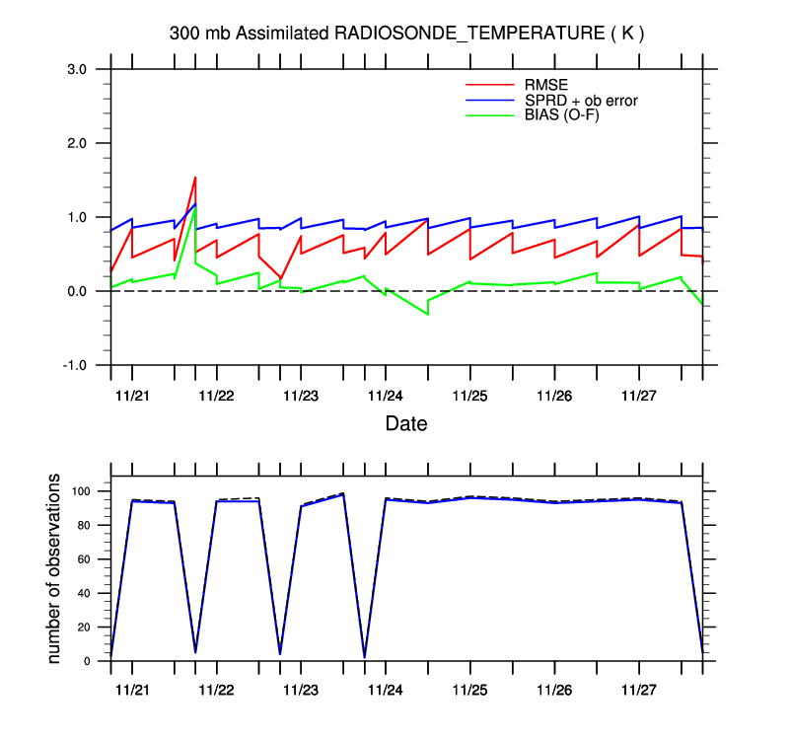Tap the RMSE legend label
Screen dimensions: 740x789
pyautogui.click(x=543, y=83)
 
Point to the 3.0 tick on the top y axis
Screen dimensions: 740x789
pyautogui.click(x=78, y=69)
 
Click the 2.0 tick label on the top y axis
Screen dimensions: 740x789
pyautogui.click(x=78, y=143)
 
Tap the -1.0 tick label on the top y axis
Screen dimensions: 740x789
pyautogui.click(x=76, y=365)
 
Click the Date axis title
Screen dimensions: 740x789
pyautogui.click(x=405, y=424)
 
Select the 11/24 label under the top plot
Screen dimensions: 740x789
pyautogui.click(x=385, y=396)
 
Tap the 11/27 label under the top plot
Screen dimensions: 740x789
pyautogui.click(x=638, y=396)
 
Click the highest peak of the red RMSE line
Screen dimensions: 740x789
pyautogui.click(x=195, y=178)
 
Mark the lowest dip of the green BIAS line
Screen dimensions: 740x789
pyautogui.click(x=427, y=314)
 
